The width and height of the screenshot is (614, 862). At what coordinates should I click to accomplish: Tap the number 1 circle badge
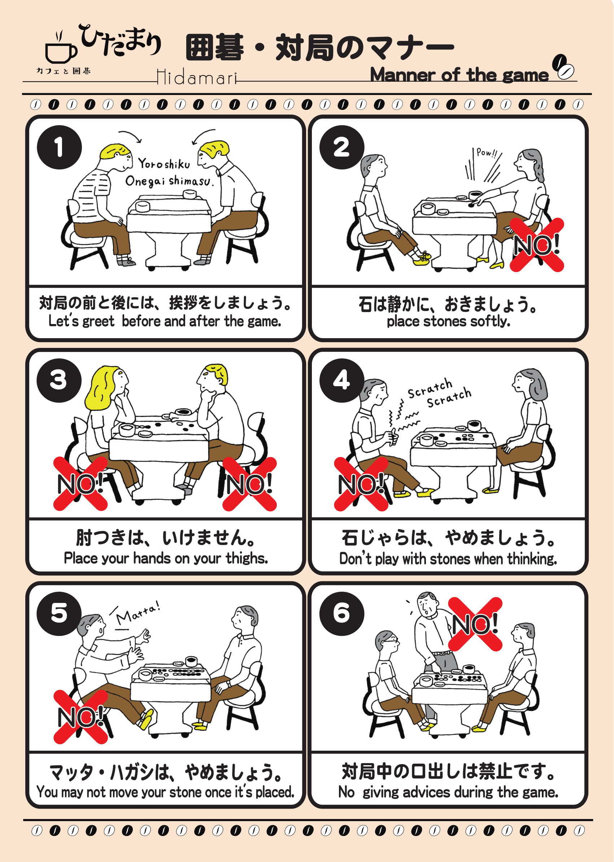(x=59, y=147)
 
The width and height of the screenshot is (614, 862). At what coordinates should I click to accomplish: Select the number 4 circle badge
(x=342, y=381)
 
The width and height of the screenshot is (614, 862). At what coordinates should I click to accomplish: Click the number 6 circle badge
(x=342, y=613)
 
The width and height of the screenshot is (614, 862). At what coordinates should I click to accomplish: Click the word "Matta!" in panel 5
(x=138, y=614)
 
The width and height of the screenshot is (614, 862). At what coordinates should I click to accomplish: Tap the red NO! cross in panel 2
(x=537, y=245)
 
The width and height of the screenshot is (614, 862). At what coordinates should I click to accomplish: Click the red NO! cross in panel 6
(x=475, y=624)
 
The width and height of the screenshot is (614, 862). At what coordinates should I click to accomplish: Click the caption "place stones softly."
(x=448, y=321)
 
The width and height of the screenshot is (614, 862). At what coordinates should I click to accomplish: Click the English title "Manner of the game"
(x=459, y=74)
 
